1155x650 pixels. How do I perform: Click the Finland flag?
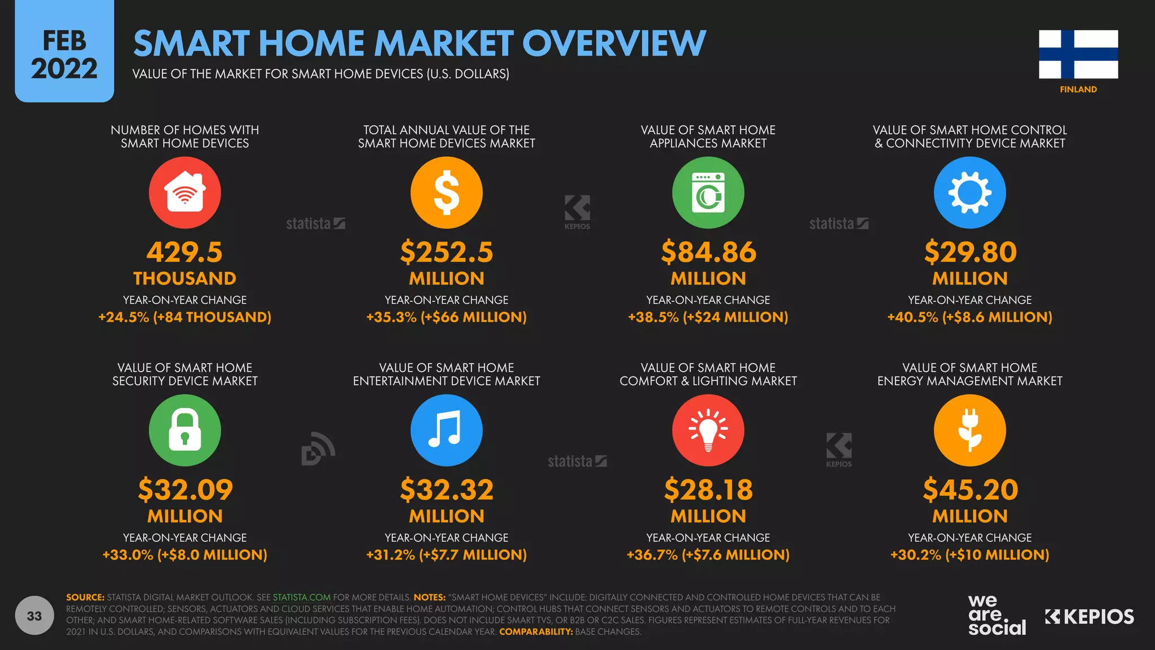pos(1078,54)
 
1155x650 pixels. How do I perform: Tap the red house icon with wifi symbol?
pos(184,192)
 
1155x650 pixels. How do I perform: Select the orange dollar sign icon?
pos(446,192)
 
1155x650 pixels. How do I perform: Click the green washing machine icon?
pos(708,192)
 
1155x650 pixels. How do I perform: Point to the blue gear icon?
pos(969,192)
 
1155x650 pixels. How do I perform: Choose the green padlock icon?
pos(184,430)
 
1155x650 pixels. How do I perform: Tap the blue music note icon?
pos(446,430)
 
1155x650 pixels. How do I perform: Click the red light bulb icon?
pos(708,430)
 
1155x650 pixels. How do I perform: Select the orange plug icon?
pos(969,430)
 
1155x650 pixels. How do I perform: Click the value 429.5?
pos(184,252)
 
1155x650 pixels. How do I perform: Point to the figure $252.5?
pos(446,252)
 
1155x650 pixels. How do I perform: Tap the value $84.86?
pos(708,252)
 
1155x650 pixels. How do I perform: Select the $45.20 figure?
pos(970,489)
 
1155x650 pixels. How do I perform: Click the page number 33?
pos(34,616)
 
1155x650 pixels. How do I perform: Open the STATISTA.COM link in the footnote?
pos(302,597)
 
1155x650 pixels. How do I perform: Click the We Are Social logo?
pos(997,615)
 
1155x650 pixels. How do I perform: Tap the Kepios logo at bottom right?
pos(1089,617)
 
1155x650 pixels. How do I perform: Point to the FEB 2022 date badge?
pos(64,54)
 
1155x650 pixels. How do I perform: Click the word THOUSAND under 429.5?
pos(184,278)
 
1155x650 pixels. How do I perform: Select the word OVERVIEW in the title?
pos(614,43)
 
